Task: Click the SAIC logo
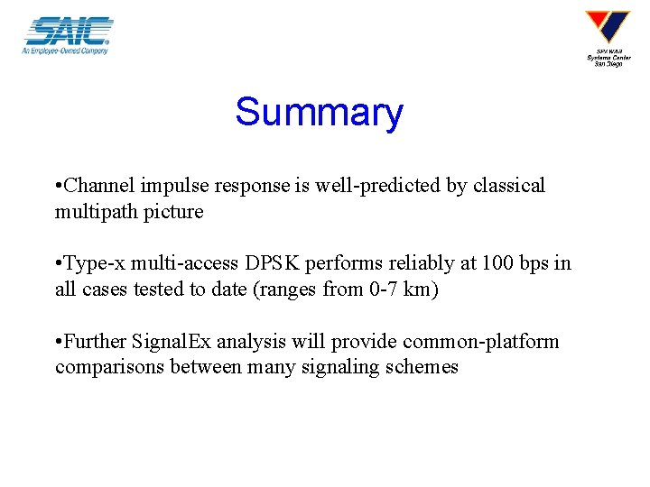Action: (68, 32)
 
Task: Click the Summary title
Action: (319, 113)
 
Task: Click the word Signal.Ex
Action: (167, 342)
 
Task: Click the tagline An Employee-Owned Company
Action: (65, 51)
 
